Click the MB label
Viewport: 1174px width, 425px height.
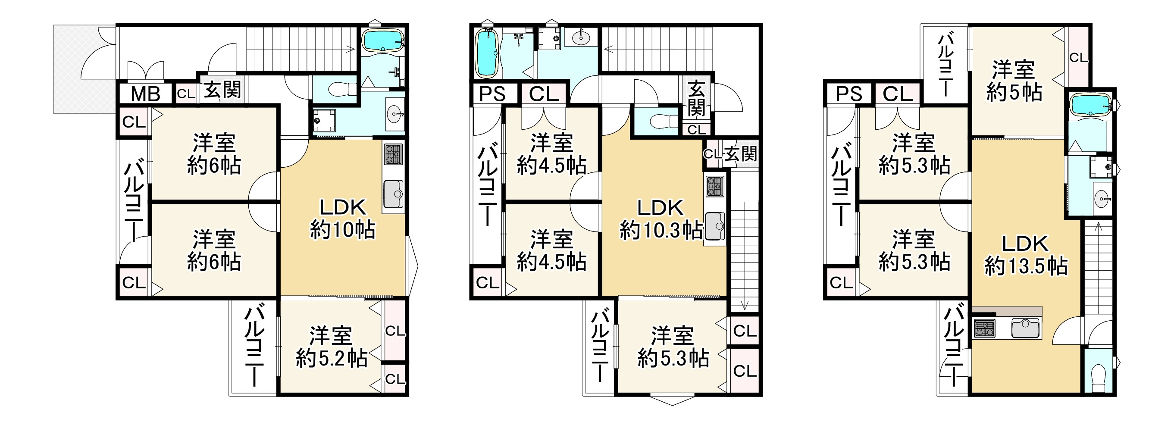145,94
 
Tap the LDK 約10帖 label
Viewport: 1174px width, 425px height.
343,219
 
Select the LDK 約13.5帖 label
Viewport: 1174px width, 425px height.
1025,255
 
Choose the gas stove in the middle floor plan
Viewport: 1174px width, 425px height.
714,186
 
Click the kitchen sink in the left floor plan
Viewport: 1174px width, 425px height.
393,194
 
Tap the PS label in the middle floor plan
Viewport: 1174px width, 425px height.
493,94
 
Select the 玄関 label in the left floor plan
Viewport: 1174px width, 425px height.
222,90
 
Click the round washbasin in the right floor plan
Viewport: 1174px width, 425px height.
1102,199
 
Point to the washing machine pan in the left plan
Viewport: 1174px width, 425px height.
324,121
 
